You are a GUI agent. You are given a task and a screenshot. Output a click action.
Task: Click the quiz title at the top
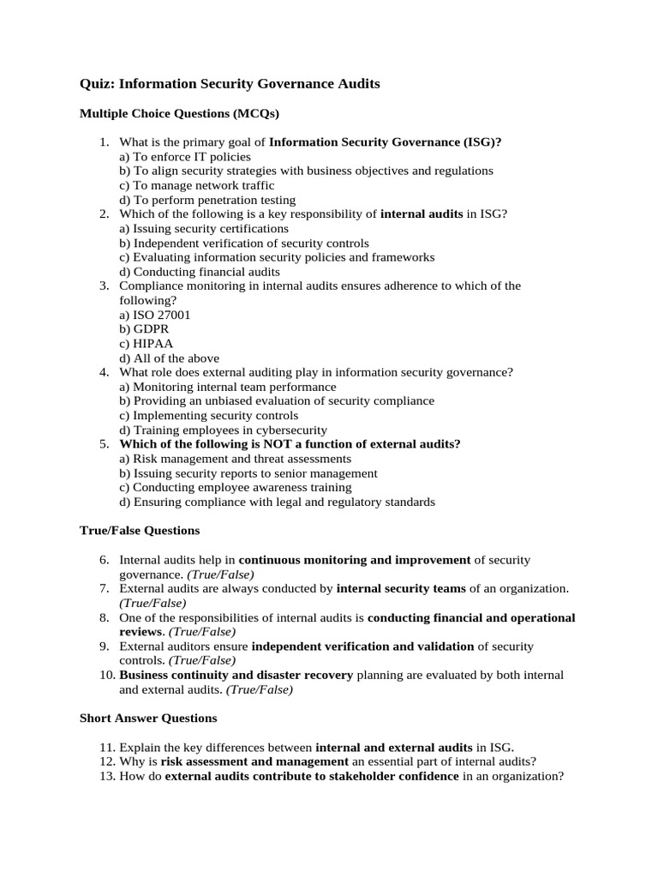click(230, 84)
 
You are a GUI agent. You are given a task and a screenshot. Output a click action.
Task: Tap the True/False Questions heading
click(139, 531)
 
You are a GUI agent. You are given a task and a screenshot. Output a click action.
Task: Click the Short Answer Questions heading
click(148, 718)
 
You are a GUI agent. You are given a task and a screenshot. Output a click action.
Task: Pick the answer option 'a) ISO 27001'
click(155, 315)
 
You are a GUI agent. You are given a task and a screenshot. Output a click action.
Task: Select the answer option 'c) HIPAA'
click(147, 344)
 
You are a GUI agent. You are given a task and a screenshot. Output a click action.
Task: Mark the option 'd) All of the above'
click(170, 358)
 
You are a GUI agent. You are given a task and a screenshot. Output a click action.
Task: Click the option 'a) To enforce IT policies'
click(185, 157)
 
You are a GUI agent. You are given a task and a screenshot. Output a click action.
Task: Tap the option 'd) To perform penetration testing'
click(207, 200)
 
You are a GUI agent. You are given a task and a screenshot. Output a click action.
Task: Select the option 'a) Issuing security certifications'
click(204, 229)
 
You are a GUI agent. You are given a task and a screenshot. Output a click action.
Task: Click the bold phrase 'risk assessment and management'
click(254, 761)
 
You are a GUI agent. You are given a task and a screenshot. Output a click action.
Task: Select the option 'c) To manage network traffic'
click(197, 185)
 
